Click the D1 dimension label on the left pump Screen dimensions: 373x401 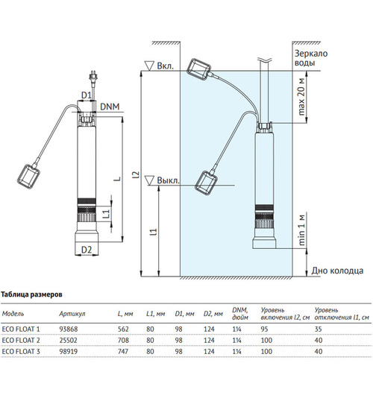pos(87,95)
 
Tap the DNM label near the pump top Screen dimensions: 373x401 pos(110,107)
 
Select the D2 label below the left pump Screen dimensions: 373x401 pos(87,250)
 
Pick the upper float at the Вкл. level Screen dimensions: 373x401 pos(199,69)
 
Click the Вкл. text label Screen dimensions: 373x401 pos(165,66)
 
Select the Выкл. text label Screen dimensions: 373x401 pos(168,180)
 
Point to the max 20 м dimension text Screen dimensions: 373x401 pos(301,97)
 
